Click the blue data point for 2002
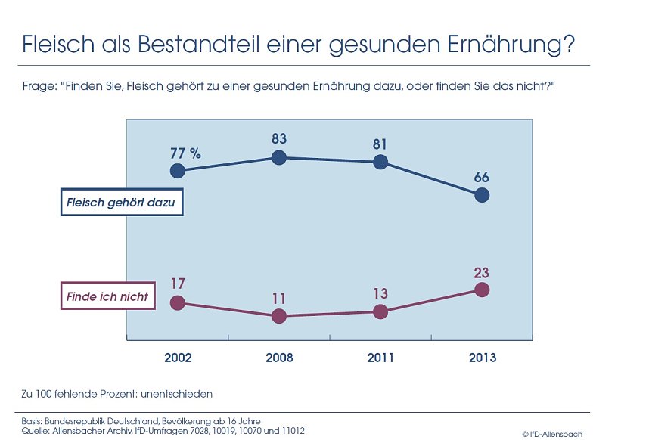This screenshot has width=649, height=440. point(177,171)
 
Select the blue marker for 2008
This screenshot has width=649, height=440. point(278,157)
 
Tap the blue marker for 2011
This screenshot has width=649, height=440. point(380,162)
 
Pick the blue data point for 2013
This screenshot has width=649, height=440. point(482,195)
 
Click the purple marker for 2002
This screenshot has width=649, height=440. point(177,302)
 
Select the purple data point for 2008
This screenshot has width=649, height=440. point(278,316)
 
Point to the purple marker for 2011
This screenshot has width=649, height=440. point(380,311)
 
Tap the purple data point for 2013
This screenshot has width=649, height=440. point(482,290)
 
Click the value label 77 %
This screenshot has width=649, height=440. point(185,153)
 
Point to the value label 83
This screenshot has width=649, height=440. point(278,139)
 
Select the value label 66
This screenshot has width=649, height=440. point(482,178)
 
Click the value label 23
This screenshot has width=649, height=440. point(482,271)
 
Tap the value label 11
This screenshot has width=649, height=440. point(278,298)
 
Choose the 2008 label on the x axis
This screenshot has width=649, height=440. point(279,358)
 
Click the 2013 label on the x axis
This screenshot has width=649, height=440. point(482,358)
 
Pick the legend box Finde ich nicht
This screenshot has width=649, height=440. point(108,296)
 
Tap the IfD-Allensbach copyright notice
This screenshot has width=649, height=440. point(552,434)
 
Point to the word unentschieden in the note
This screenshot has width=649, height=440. point(175,394)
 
